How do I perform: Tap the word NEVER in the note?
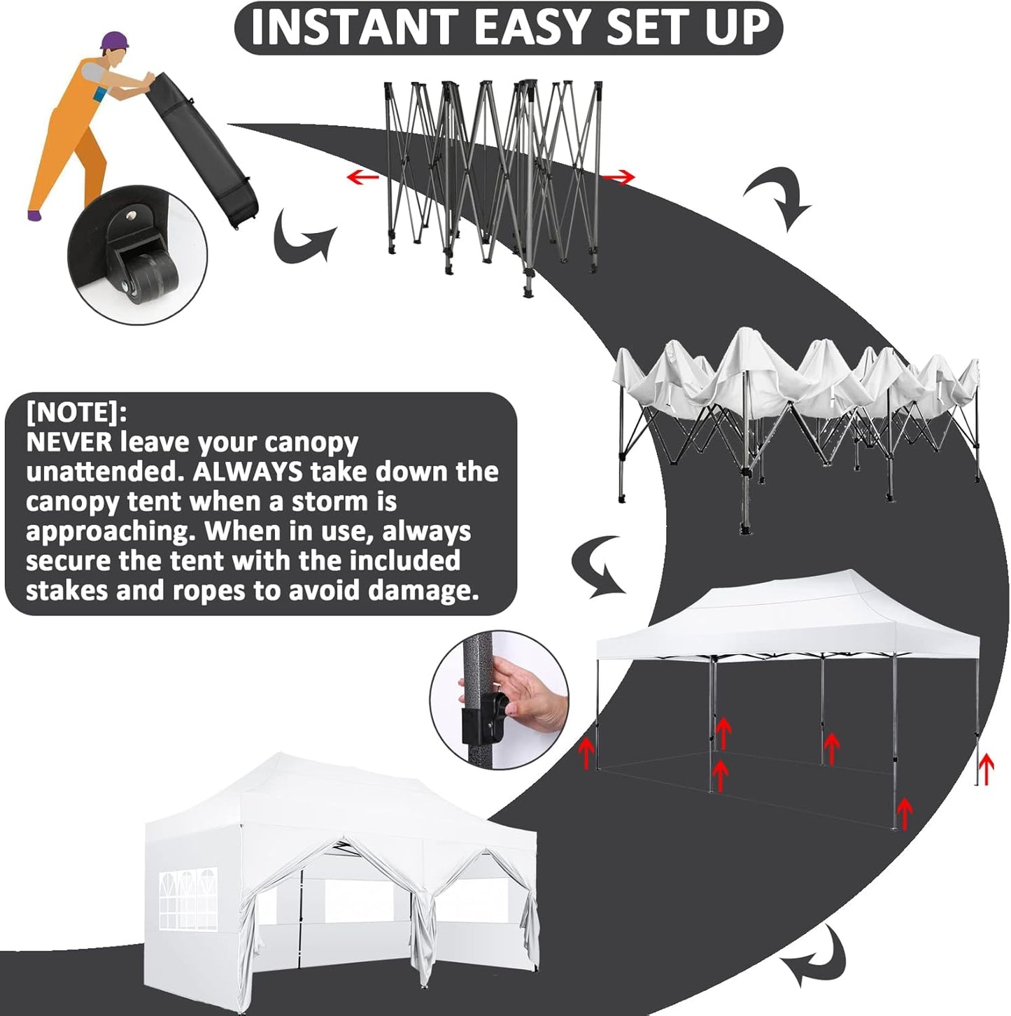[69, 442]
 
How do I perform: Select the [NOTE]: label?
[76, 412]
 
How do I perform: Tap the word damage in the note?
[423, 591]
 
